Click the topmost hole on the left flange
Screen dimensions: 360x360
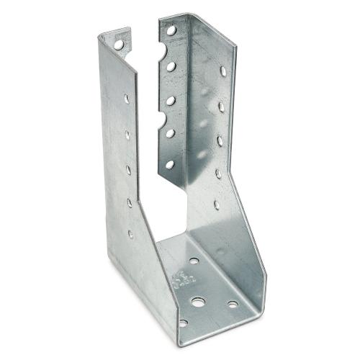[x=118, y=44]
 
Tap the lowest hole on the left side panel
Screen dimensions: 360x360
[x=131, y=233]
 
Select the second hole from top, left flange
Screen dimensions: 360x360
[x=127, y=98]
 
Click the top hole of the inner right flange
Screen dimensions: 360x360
[x=171, y=30]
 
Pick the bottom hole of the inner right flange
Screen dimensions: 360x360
[x=170, y=164]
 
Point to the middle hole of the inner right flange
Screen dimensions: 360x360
[x=171, y=101]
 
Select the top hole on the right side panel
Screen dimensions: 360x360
[x=223, y=71]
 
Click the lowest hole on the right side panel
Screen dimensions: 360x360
[x=216, y=204]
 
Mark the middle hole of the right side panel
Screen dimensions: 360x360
[x=220, y=141]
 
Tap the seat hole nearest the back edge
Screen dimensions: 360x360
[x=194, y=261]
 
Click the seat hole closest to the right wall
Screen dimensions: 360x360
[x=233, y=305]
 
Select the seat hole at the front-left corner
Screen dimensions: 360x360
[x=183, y=323]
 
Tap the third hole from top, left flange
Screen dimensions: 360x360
[x=127, y=133]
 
